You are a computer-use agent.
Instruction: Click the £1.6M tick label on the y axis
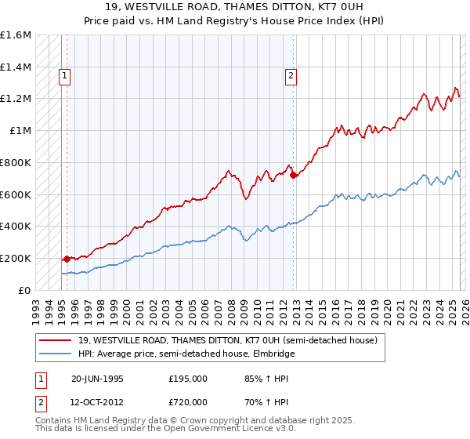pos(16,35)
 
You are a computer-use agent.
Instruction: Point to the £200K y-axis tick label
pos(16,258)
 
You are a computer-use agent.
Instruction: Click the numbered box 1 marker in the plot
pos(64,76)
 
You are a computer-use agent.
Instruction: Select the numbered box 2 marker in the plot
pos(291,76)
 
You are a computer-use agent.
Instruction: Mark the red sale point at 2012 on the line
pos(294,176)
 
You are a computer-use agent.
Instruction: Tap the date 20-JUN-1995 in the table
pos(97,378)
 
